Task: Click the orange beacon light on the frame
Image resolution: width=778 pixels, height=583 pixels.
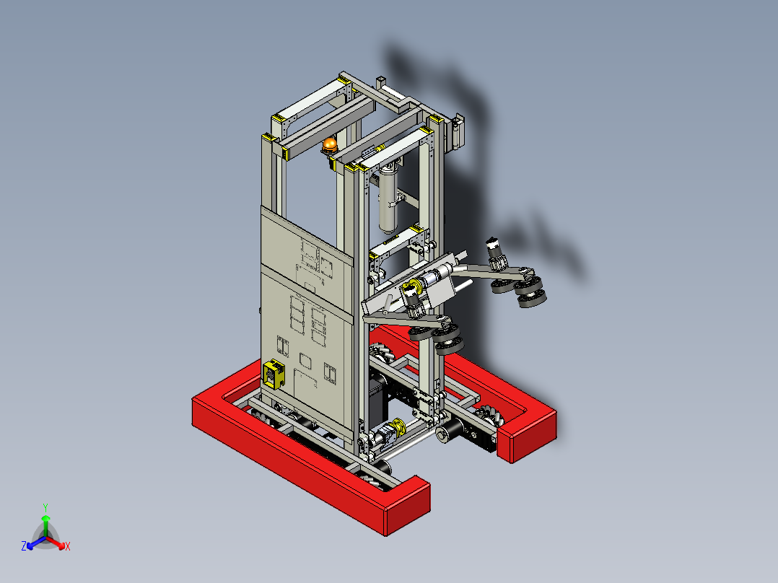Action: tap(329, 146)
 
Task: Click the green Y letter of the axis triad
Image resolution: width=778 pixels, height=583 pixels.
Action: tap(45, 507)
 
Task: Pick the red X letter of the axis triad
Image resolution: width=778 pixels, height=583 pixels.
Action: tap(68, 547)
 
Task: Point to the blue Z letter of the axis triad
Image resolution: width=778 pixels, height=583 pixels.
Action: tap(24, 547)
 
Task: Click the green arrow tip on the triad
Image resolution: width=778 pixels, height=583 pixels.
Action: tap(45, 519)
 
